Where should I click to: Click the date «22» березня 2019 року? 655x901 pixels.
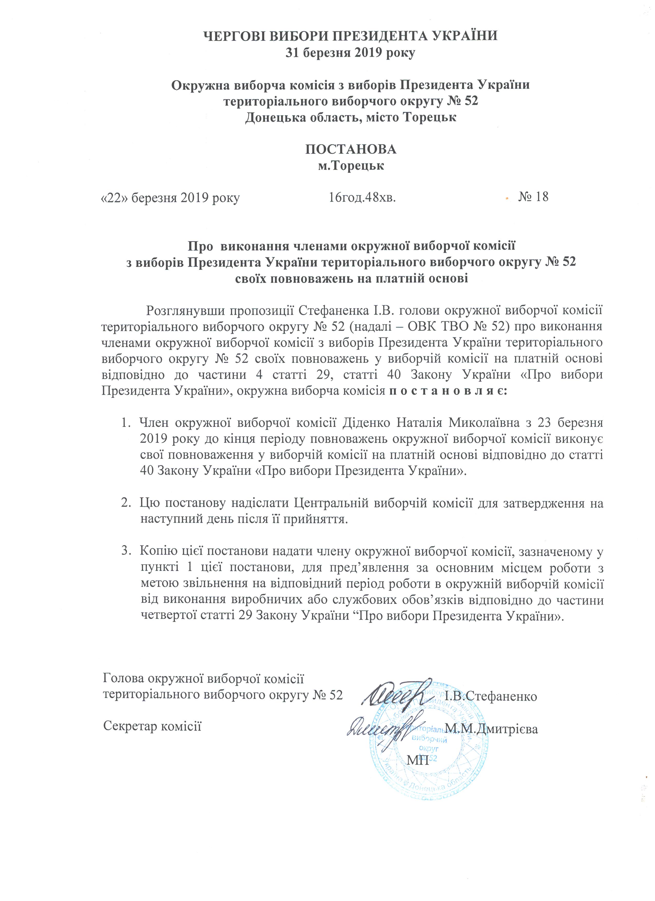pos(170,198)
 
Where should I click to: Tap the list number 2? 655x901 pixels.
pos(126,503)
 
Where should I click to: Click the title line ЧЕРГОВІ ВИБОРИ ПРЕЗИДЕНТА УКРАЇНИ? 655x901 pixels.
pos(350,36)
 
